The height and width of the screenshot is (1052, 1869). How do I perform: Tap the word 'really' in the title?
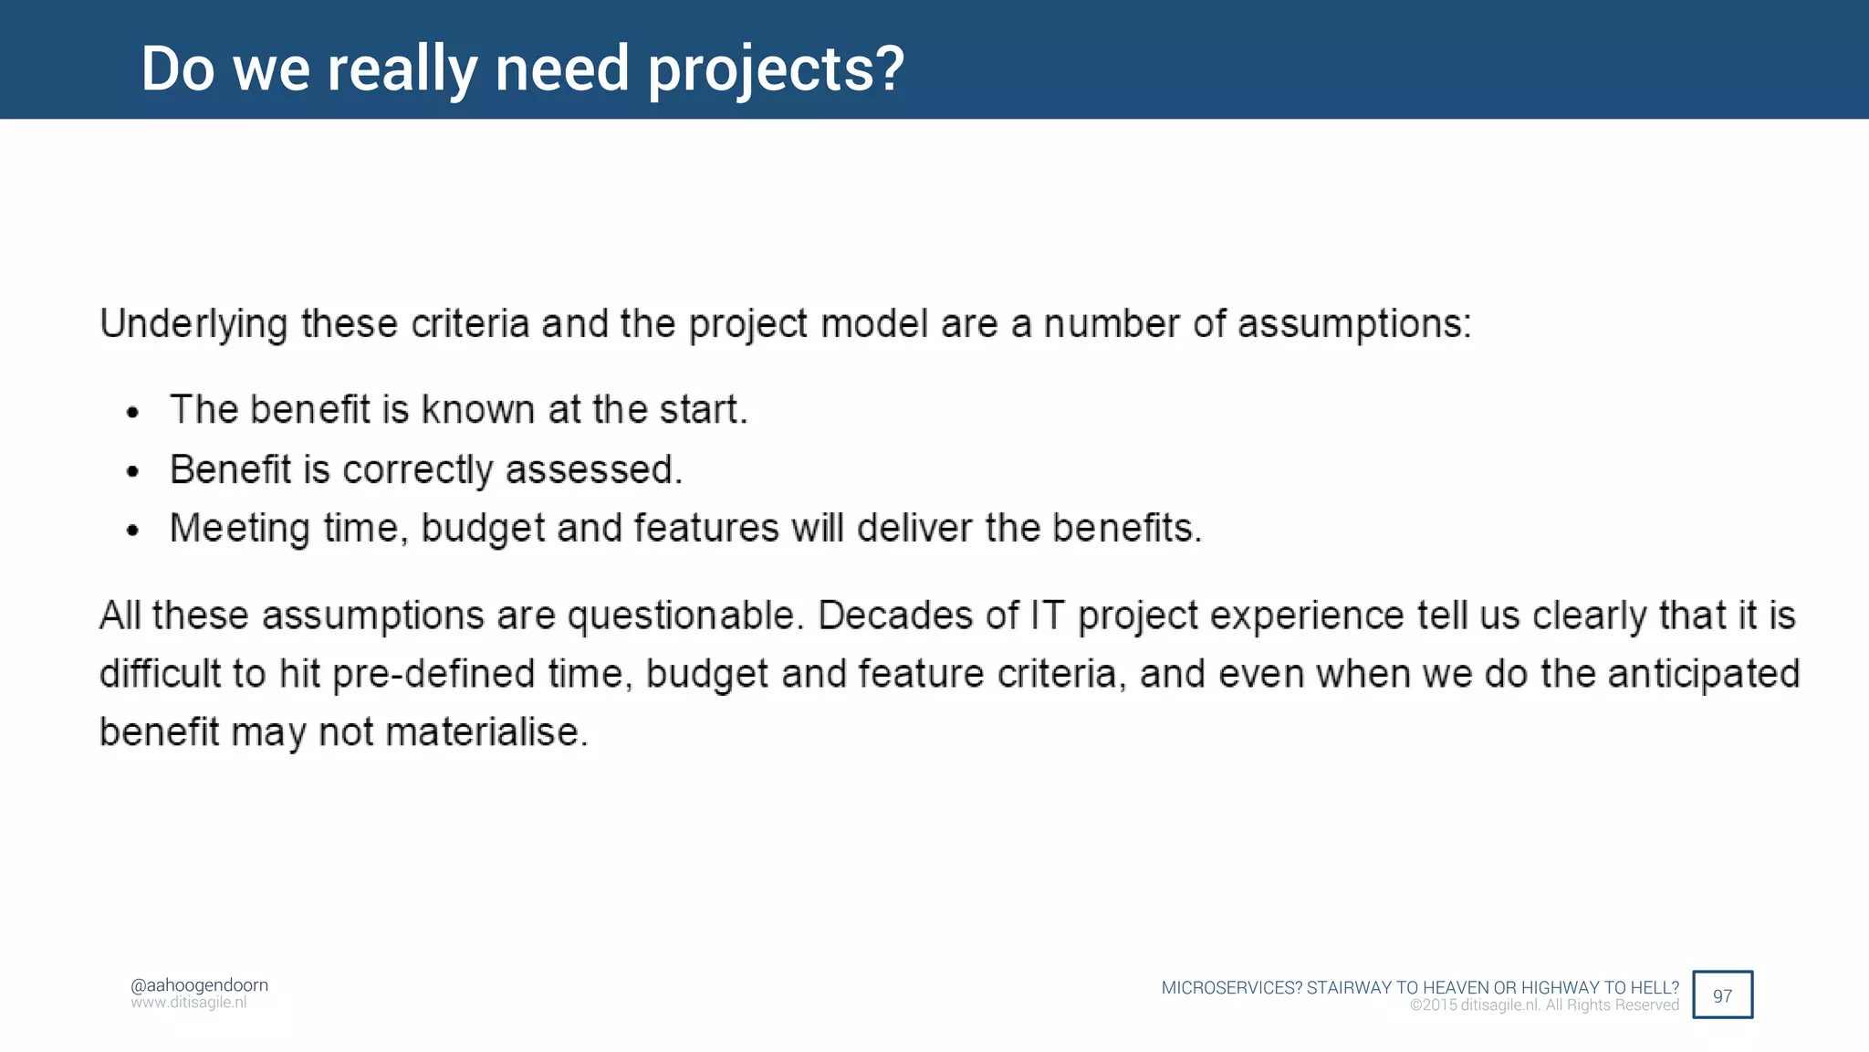point(402,69)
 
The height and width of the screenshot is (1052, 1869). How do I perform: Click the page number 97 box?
point(1722,994)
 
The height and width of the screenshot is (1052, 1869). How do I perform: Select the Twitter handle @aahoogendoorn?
point(199,984)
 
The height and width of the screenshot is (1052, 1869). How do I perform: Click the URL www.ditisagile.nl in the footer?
point(189,1003)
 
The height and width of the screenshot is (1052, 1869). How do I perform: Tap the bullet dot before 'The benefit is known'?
point(133,413)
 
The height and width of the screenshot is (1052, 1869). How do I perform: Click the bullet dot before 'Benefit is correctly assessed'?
point(133,472)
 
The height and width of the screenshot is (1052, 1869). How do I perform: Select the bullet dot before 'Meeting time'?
point(133,531)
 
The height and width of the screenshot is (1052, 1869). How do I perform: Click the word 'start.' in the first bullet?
point(704,409)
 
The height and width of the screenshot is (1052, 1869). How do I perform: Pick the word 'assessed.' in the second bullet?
point(594,469)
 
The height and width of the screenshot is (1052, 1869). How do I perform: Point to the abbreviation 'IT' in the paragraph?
point(1048,615)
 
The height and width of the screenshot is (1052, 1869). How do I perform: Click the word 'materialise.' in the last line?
point(487,732)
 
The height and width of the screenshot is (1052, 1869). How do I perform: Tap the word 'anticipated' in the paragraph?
point(1703,675)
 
